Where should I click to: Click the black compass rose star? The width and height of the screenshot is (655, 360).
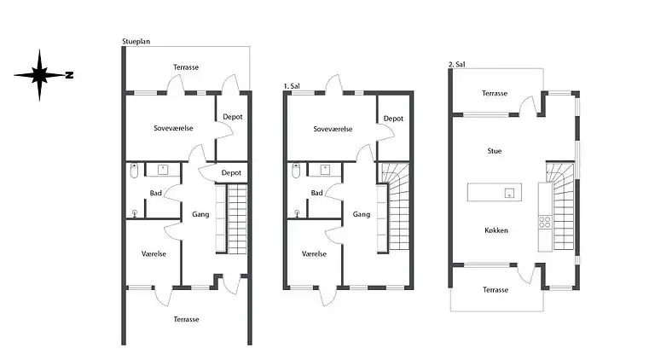[x=39, y=76]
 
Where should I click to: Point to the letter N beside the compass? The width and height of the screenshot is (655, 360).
[x=70, y=76]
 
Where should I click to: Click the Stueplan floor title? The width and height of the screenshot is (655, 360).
[x=139, y=40]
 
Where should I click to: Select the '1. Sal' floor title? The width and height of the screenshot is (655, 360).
[x=292, y=85]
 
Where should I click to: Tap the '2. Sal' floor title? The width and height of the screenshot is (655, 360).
[x=457, y=64]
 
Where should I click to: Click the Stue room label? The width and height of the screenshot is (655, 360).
[x=494, y=151]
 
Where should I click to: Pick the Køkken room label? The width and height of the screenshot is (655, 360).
[x=496, y=229]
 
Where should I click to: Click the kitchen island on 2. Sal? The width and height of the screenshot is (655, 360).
[x=496, y=192]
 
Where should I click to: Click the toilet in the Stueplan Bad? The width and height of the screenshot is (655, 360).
[x=133, y=172]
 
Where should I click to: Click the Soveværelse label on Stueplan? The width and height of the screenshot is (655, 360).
[x=171, y=129]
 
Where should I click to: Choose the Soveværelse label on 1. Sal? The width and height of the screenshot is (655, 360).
[x=333, y=129]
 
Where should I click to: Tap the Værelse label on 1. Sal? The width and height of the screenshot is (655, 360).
[x=314, y=253]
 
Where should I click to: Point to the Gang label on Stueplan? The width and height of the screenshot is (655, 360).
[x=201, y=214]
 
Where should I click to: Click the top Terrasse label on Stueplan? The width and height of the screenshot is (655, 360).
[x=187, y=66]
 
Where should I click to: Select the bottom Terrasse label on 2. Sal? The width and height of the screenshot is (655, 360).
[x=496, y=290]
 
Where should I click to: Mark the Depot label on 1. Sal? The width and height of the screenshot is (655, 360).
[x=393, y=119]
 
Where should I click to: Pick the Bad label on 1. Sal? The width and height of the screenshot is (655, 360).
[x=316, y=193]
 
